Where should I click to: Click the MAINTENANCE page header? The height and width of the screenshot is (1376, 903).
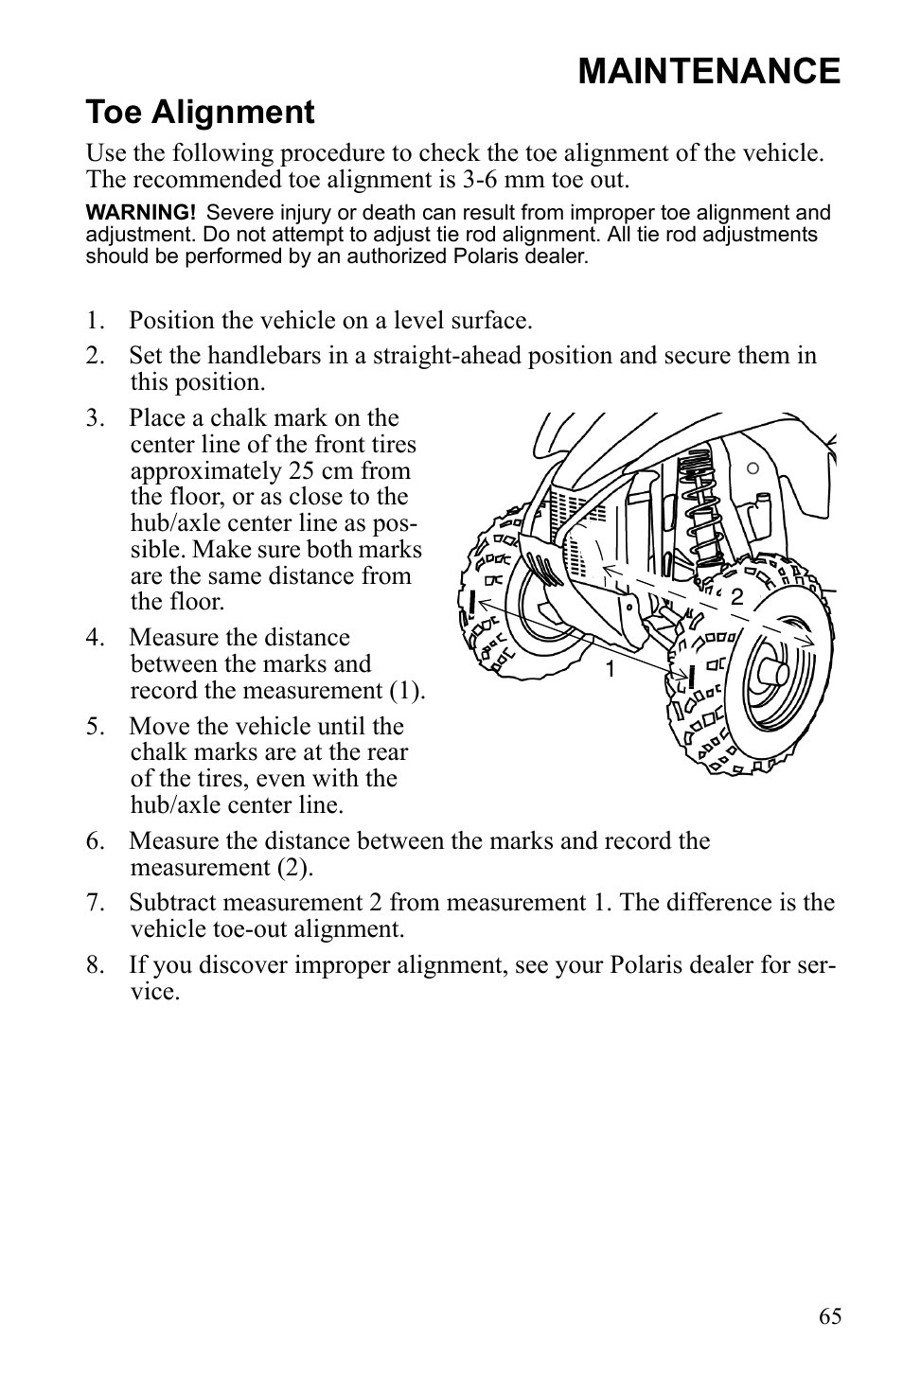pos(708,71)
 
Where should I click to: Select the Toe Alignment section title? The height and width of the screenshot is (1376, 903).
pos(200,113)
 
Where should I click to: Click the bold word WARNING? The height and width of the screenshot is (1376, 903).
pos(140,214)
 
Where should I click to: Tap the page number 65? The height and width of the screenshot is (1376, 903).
pos(830,1315)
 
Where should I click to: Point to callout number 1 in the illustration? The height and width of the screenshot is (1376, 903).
pos(611,670)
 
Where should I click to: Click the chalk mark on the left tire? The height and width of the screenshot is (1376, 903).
pos(471,602)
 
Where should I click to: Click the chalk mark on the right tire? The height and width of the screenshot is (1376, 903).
pos(694,677)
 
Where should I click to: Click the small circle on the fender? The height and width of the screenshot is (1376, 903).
pos(752,467)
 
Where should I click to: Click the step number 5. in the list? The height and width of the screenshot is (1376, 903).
pos(94,727)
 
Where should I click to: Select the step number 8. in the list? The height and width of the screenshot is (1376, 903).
pos(94,965)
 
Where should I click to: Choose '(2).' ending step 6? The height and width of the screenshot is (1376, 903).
pos(297,868)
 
